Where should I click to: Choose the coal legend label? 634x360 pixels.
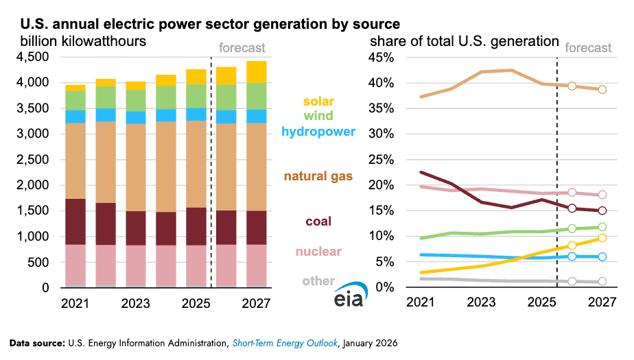pos(318,221)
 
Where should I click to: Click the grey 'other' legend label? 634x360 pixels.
pos(318,281)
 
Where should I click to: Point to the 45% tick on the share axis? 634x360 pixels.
pos(382,58)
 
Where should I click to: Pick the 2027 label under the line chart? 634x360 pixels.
pos(602,302)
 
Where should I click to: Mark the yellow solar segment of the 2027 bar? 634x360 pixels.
pos(257,72)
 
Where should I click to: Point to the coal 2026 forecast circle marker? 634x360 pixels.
pos(572,208)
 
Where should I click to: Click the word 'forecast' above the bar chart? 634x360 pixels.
pos(242,48)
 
